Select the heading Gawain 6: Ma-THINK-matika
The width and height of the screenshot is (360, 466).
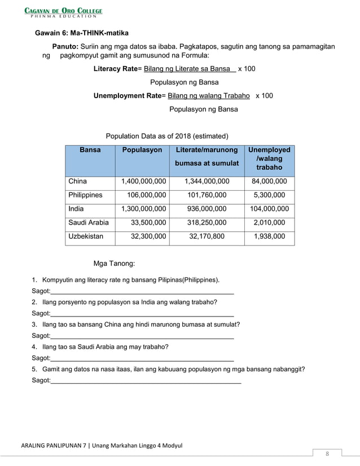click(x=82, y=33)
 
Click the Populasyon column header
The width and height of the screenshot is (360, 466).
click(x=142, y=150)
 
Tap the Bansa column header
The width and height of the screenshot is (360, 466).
click(x=90, y=150)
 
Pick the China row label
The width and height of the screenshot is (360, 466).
click(x=78, y=182)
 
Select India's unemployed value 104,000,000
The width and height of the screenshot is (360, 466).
click(x=269, y=209)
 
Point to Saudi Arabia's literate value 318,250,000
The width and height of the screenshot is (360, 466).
click(x=207, y=222)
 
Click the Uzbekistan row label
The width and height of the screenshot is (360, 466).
click(x=86, y=236)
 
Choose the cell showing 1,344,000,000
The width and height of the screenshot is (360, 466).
click(x=207, y=182)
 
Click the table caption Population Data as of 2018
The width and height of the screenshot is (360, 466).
click(x=167, y=136)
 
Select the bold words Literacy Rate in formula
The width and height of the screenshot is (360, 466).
click(x=116, y=69)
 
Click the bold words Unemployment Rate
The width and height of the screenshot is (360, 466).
click(x=128, y=96)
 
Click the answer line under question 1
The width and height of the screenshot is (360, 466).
click(x=142, y=293)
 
